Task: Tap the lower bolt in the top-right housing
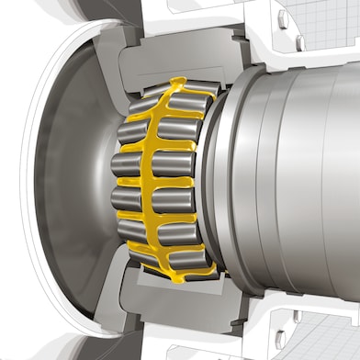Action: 300,43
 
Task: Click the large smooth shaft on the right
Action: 294,179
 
